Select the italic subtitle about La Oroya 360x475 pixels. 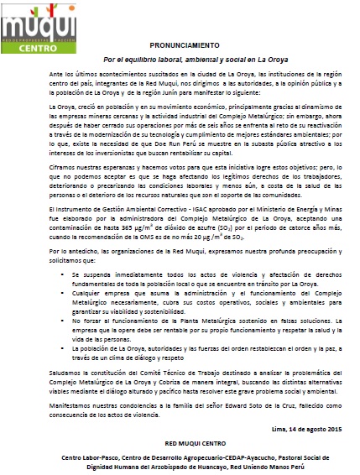click(180, 61)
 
